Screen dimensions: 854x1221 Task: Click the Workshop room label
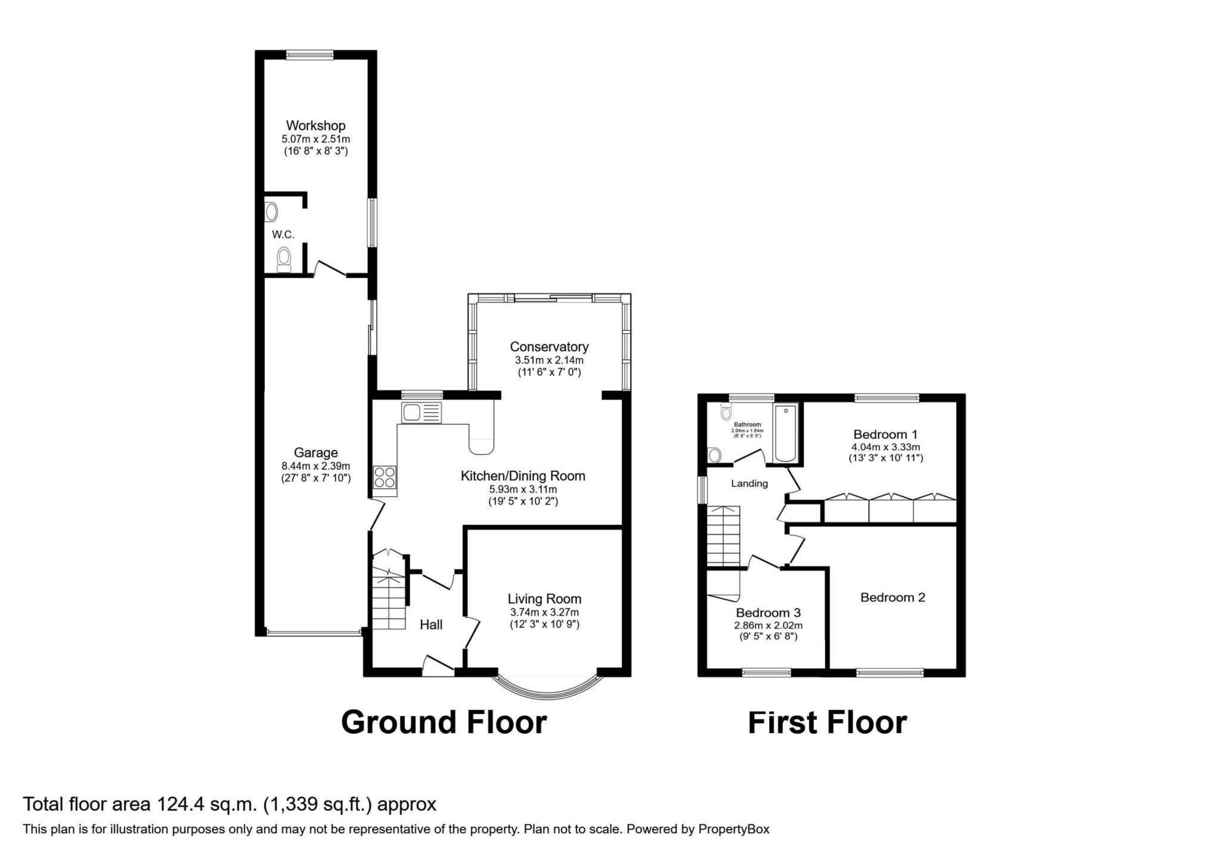point(315,126)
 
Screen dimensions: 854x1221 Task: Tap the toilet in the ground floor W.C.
point(284,260)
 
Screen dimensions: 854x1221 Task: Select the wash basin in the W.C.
point(272,212)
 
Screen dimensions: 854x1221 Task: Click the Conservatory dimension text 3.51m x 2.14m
point(548,360)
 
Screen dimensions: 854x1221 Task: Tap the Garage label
point(315,453)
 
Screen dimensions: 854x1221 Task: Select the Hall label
point(430,625)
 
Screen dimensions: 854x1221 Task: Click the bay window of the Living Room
point(547,689)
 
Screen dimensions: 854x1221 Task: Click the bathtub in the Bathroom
point(785,433)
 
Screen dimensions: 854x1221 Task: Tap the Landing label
point(749,483)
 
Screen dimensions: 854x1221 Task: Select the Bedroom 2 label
point(892,597)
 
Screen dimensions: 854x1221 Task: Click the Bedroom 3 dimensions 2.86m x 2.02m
point(768,625)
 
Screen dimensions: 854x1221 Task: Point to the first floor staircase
point(723,536)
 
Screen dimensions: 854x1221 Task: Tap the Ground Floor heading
point(444,722)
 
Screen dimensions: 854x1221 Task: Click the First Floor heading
point(827,722)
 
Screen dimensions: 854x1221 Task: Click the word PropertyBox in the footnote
point(733,829)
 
